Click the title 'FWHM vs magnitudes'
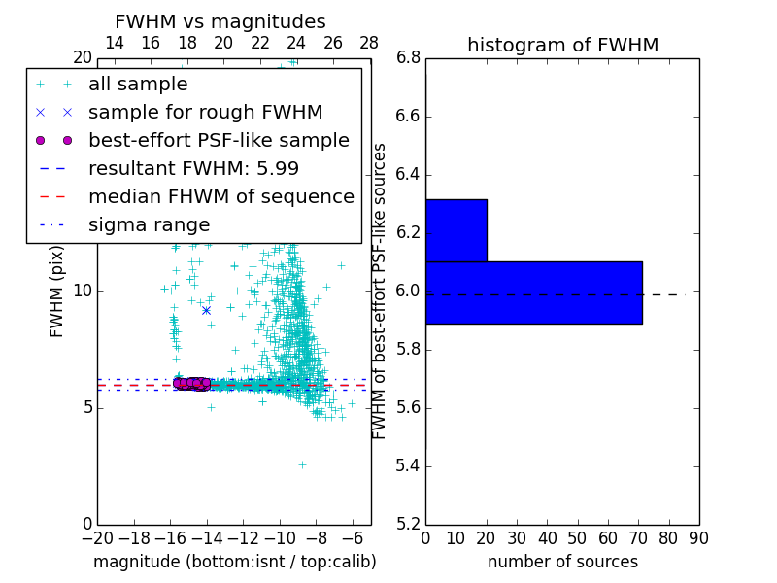pyautogui.click(x=220, y=21)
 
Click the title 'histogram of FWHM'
pyautogui.click(x=562, y=45)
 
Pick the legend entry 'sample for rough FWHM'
pyautogui.click(x=205, y=112)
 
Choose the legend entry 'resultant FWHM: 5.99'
pyautogui.click(x=193, y=168)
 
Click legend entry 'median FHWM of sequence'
pyautogui.click(x=220, y=196)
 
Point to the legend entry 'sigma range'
pyautogui.click(x=149, y=224)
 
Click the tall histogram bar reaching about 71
pyautogui.click(x=533, y=292)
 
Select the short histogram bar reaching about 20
pyautogui.click(x=456, y=230)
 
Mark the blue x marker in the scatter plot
pyautogui.click(x=206, y=310)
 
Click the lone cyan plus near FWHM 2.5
pyautogui.click(x=302, y=464)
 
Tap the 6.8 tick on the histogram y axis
pyautogui.click(x=409, y=58)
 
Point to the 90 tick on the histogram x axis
pyautogui.click(x=698, y=537)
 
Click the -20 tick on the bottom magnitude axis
pyautogui.click(x=97, y=537)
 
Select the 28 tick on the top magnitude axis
pyautogui.click(x=369, y=43)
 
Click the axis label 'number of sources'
pyautogui.click(x=562, y=562)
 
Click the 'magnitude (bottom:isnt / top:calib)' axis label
pyautogui.click(x=234, y=562)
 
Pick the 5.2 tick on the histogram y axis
pyautogui.click(x=409, y=524)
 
